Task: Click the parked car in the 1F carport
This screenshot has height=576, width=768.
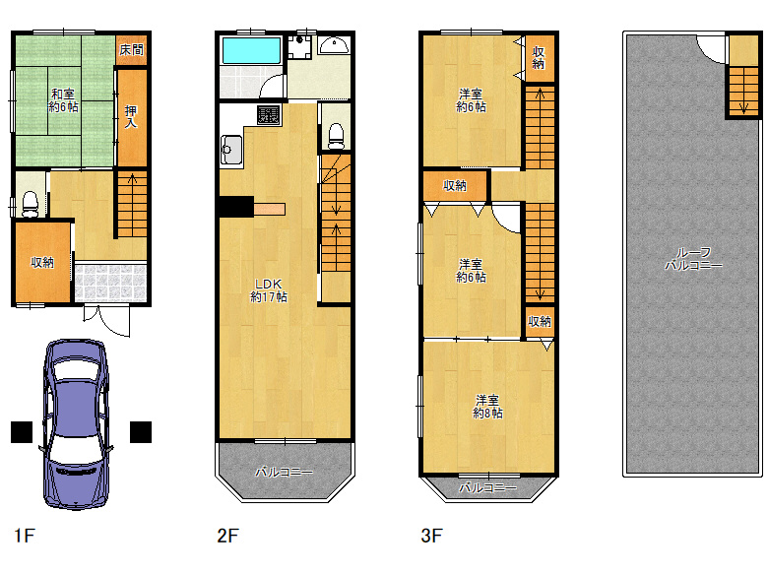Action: tap(76, 424)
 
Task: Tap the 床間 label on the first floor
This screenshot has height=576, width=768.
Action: tap(131, 49)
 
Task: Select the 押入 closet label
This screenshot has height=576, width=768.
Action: tap(131, 116)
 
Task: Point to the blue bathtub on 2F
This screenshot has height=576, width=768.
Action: tap(252, 50)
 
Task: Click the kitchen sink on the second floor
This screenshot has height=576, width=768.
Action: tap(231, 151)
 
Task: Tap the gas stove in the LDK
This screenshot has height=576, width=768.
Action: tap(269, 114)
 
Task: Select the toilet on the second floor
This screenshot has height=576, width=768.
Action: tap(336, 136)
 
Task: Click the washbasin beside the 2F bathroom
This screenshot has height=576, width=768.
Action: tap(334, 45)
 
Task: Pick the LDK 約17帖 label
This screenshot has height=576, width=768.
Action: tap(269, 290)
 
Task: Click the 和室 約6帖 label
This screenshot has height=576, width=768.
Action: tap(63, 99)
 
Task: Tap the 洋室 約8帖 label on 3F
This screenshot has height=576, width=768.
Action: tap(487, 407)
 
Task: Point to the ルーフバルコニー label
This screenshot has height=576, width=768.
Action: tap(693, 259)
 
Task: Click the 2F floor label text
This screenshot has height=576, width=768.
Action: tap(227, 536)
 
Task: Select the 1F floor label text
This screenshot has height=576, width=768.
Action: tap(24, 536)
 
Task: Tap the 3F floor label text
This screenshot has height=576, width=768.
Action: tap(431, 536)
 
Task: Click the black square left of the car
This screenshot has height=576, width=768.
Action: tap(22, 432)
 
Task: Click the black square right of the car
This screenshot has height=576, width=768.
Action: tap(141, 432)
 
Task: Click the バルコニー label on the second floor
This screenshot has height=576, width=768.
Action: tap(285, 473)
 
